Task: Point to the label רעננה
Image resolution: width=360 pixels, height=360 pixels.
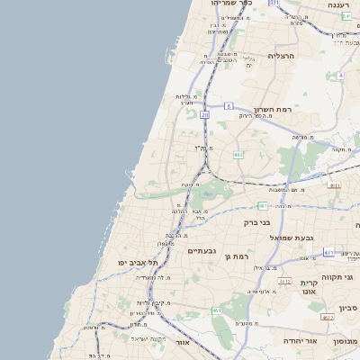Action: point(338,6)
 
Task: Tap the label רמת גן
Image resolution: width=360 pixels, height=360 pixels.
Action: point(237,256)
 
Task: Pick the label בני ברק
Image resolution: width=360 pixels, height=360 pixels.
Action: point(258,220)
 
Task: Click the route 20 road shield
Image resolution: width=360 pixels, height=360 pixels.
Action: point(205,115)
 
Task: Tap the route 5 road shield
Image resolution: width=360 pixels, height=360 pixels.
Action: point(229,106)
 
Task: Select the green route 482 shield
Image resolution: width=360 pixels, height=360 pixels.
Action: point(238,155)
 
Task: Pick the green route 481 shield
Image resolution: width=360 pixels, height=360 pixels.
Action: point(262,205)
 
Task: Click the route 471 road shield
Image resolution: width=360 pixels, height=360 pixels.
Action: point(328,253)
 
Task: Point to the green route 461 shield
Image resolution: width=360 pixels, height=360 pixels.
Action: point(217,310)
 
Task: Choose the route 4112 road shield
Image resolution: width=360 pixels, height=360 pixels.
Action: point(284,282)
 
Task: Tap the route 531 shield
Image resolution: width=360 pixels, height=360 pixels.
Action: point(274,4)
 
